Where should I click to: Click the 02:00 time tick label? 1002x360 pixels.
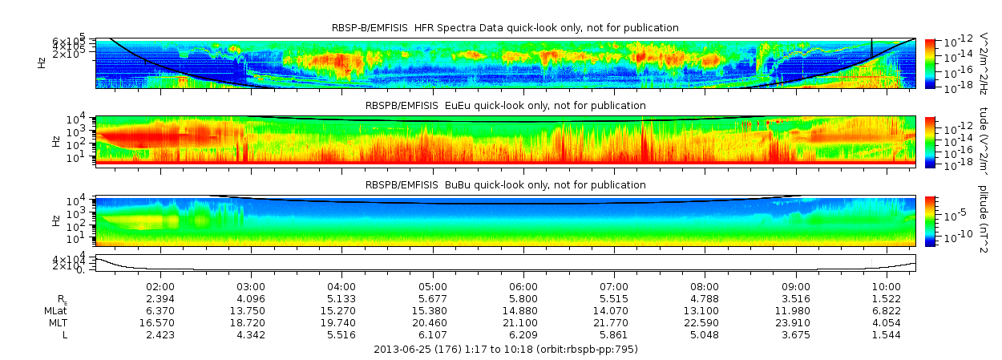coord(160,285)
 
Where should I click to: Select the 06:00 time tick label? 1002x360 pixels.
coord(523,285)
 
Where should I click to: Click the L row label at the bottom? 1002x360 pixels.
coord(65,334)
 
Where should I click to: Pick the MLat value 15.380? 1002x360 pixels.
coord(433,310)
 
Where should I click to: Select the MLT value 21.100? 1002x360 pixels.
coord(523,322)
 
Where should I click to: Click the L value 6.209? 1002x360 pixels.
coord(523,334)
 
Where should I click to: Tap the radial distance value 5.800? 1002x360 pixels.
coord(523,298)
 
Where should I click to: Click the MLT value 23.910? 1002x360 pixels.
coord(795,322)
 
